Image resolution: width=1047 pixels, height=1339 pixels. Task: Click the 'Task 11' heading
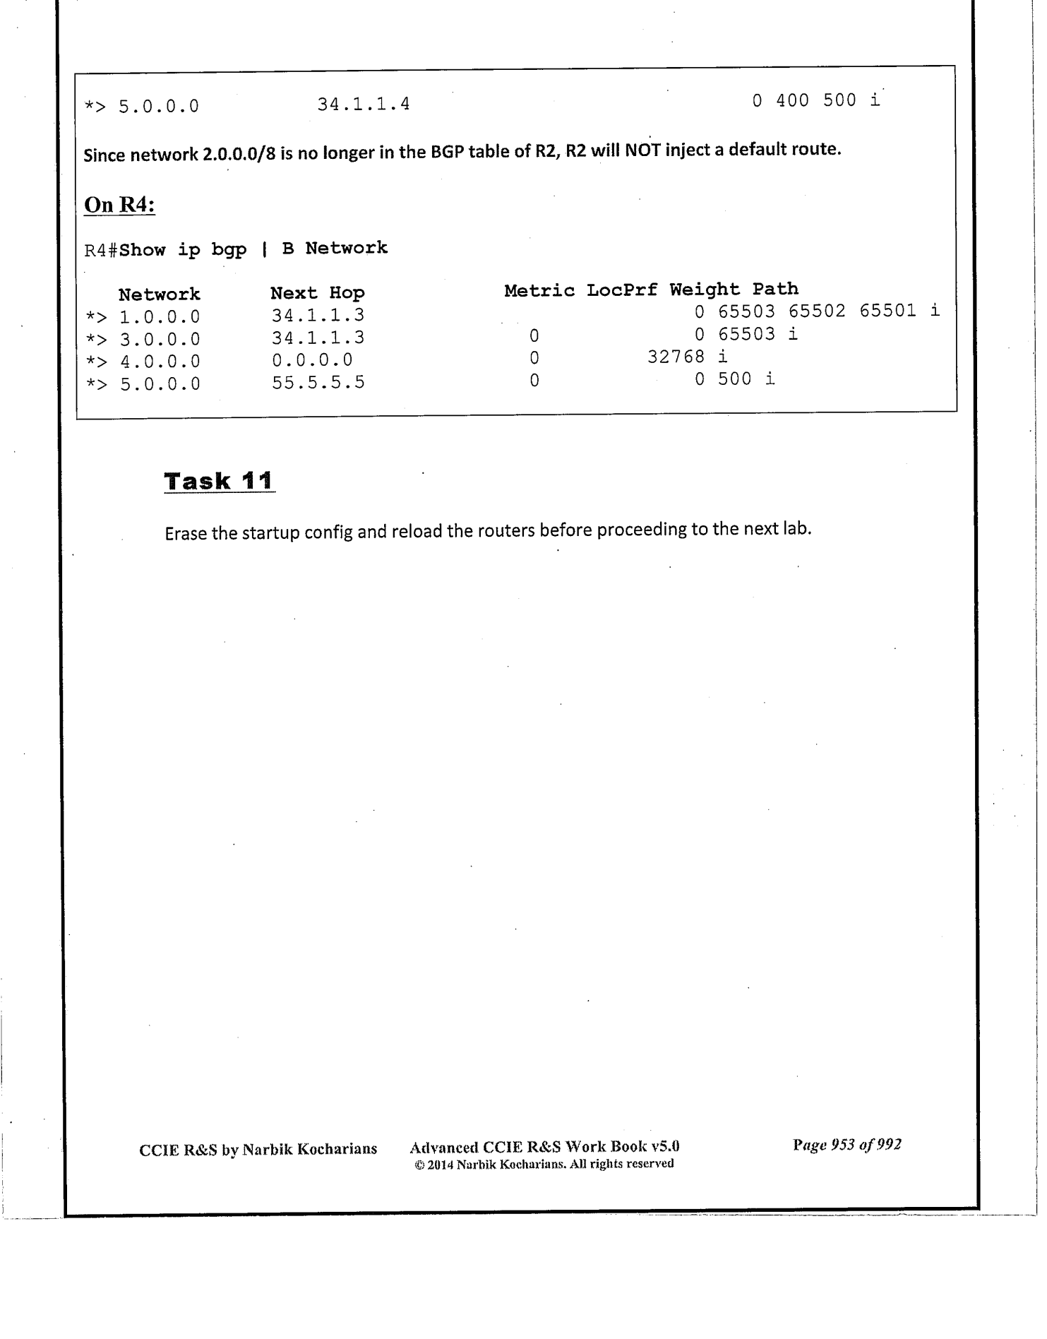point(219,481)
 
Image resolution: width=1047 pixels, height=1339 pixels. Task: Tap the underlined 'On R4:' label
point(119,205)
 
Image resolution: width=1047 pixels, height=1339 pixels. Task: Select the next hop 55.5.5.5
point(318,382)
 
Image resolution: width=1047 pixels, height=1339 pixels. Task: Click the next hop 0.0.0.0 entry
point(312,359)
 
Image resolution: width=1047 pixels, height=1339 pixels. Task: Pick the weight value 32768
point(676,357)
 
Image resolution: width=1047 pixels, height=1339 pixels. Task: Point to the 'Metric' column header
point(539,290)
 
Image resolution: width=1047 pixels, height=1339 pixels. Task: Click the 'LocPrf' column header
point(622,290)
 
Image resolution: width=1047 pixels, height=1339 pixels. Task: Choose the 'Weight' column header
point(705,290)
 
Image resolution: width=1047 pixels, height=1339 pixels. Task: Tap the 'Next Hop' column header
point(317,293)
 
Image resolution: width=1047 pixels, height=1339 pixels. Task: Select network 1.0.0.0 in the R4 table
point(160,316)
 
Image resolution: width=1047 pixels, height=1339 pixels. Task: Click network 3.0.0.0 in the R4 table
point(160,339)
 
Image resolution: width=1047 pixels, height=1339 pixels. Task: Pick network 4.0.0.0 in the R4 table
point(160,362)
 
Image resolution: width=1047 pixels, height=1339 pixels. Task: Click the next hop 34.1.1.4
point(363,105)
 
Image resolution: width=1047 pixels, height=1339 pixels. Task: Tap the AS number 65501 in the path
point(887,311)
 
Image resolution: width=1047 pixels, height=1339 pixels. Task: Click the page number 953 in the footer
point(843,1145)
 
